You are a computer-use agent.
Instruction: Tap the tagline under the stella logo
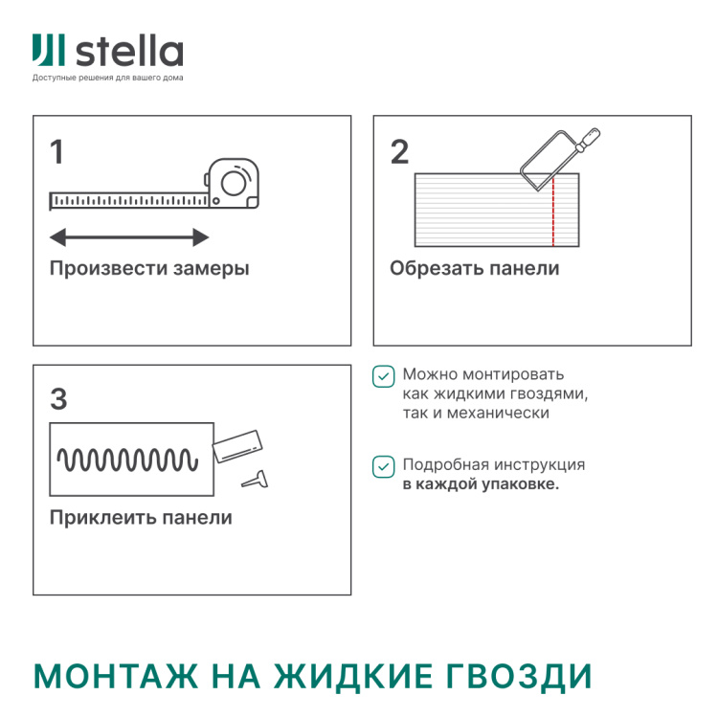pyautogui.click(x=107, y=78)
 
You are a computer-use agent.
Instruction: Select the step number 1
pyautogui.click(x=57, y=152)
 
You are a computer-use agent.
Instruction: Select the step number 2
pyautogui.click(x=399, y=152)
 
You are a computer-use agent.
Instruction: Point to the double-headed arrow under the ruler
pyautogui.click(x=129, y=236)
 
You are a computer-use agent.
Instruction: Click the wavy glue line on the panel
pyautogui.click(x=128, y=460)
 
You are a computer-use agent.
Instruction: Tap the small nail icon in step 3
pyautogui.click(x=255, y=479)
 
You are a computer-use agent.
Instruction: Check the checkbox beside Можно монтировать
pyautogui.click(x=383, y=376)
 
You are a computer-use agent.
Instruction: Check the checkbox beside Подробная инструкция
pyautogui.click(x=383, y=466)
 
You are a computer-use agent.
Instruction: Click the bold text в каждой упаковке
pyautogui.click(x=481, y=484)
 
